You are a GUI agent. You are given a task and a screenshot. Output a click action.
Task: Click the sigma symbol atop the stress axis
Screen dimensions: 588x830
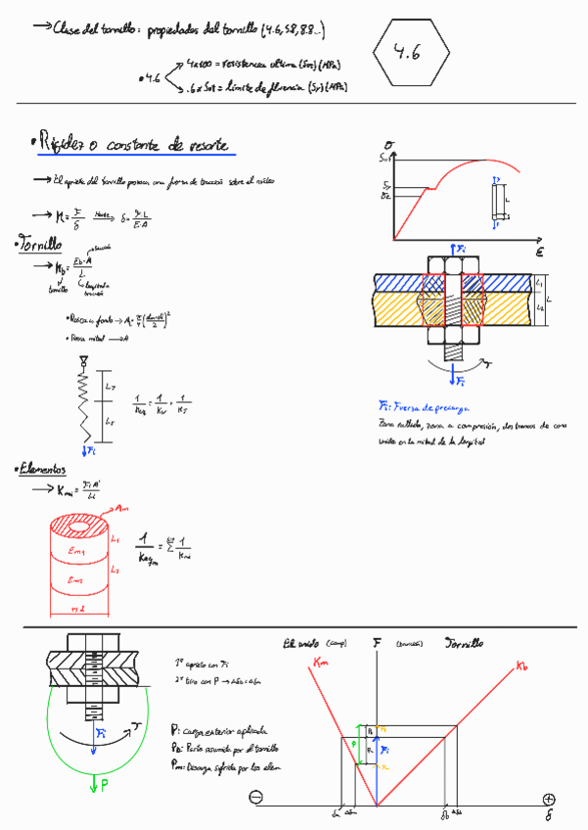[x=389, y=144]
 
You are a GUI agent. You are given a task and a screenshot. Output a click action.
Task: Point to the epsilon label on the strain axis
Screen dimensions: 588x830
[x=540, y=251]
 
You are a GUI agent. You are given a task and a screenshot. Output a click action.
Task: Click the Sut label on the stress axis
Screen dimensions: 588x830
[x=384, y=158]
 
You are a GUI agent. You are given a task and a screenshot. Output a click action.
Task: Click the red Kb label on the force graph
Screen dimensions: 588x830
[x=522, y=667]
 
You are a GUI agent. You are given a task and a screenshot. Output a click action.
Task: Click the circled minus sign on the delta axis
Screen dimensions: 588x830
[x=256, y=797]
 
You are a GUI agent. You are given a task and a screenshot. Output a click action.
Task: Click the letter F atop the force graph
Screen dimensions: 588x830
[x=376, y=643]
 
